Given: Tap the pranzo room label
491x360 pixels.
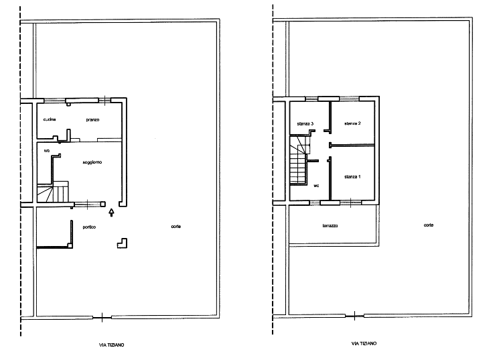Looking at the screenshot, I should point(92,120).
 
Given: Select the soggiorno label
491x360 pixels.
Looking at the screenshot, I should point(91,162).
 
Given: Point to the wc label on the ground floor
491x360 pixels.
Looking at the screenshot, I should point(46,152).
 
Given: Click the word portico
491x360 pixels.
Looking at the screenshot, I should point(88,227).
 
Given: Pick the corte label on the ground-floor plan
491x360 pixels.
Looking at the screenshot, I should point(176,227).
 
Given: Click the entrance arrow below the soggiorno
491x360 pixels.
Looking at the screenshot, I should point(111,213).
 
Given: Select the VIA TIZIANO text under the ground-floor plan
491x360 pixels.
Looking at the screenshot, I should point(111,345).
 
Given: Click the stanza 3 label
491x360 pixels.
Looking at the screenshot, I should point(305,124).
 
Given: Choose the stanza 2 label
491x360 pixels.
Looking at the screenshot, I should point(352,124).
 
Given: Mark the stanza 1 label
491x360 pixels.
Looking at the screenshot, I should point(352,177).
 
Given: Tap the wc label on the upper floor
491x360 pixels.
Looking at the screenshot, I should point(315,185).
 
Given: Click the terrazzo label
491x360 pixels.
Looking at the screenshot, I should point(330,225).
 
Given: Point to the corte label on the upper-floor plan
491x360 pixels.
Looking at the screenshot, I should point(428,225).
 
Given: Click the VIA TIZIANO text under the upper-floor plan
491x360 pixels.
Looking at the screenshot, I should point(363,344).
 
